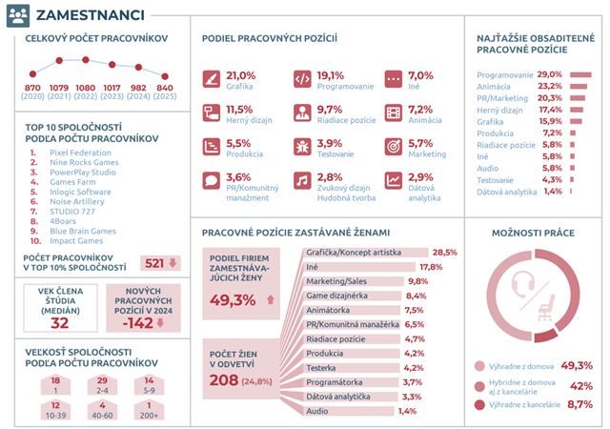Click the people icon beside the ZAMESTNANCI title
[18, 15]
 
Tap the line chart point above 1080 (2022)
[86, 60]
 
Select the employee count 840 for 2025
[165, 88]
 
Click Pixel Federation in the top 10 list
[80, 153]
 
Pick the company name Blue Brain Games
[83, 231]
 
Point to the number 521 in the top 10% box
[154, 263]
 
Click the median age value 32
[59, 323]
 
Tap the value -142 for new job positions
[137, 323]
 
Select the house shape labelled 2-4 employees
[102, 385]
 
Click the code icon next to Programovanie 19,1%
[302, 79]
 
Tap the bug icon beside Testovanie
[302, 147]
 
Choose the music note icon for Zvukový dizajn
[302, 180]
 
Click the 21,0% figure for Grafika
[241, 75]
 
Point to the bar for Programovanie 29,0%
[580, 74]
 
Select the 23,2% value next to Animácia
[550, 86]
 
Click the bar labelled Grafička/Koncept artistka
[365, 253]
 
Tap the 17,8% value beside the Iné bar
[431, 267]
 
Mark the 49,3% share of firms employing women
[233, 300]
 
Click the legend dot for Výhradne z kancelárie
[479, 405]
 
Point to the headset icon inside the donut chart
[522, 284]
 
